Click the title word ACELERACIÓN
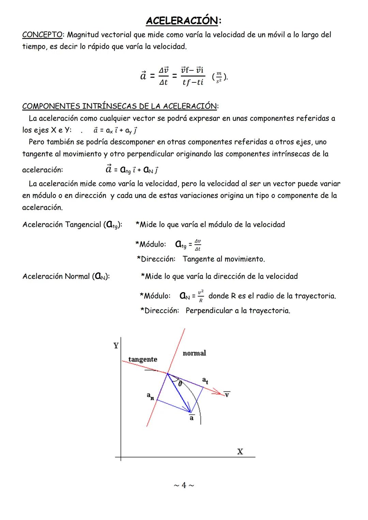tap(182, 21)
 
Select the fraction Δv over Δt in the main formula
tap(164, 76)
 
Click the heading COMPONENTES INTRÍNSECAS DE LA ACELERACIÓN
tap(119, 106)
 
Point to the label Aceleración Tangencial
tap(61, 225)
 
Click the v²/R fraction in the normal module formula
tap(201, 296)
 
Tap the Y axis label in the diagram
tap(116, 346)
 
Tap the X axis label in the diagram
tap(240, 452)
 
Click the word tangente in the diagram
tap(142, 359)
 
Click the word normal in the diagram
tap(194, 353)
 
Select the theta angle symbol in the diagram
tap(180, 383)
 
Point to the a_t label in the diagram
tap(205, 380)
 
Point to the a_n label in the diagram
tap(150, 396)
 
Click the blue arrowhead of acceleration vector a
tap(188, 410)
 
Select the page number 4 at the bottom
tap(184, 485)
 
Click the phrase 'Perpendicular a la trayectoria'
tap(238, 311)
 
